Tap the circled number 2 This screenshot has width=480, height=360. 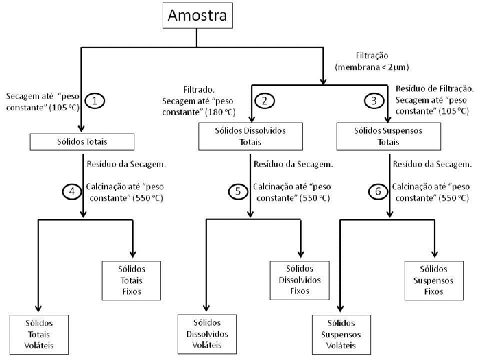tap(264, 101)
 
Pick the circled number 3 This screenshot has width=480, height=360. tap(374, 101)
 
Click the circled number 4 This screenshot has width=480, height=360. tap(71, 191)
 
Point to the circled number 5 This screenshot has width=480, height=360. tap(237, 191)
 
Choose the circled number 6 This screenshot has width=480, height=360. tap(377, 191)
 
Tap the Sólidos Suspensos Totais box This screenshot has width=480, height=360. tap(388, 136)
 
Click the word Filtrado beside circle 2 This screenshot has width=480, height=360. tap(200, 90)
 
